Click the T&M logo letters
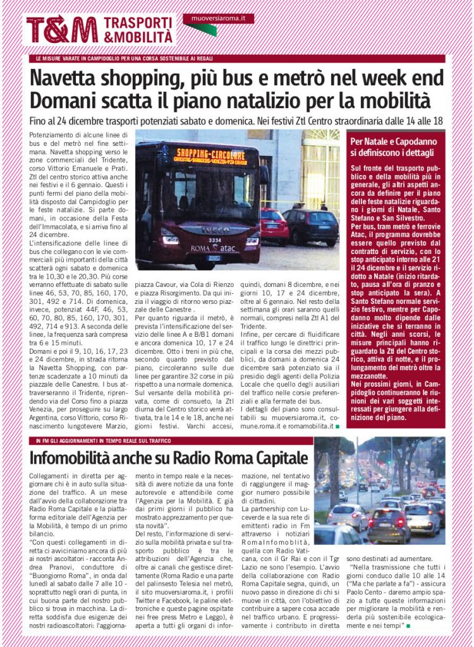pos(62,29)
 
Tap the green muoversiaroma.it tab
pos(219,19)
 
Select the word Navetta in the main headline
pos(72,79)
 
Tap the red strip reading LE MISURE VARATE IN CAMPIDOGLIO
pos(126,59)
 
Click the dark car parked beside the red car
pos(311,226)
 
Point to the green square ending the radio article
pos(408,626)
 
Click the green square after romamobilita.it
pos(337,428)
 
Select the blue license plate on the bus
pos(214,258)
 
